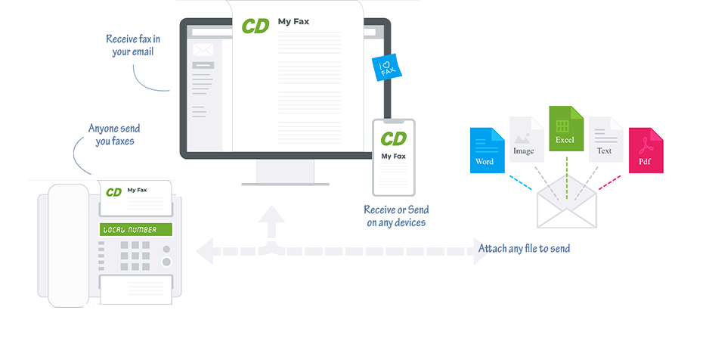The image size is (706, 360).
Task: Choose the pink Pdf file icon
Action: point(646,150)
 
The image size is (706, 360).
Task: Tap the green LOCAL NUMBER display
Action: point(135,229)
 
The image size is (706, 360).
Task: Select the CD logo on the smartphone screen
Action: point(393,138)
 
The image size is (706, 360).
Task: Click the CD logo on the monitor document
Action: point(255,26)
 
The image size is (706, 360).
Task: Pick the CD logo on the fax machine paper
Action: point(113,192)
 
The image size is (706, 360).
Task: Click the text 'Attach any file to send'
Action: point(524,248)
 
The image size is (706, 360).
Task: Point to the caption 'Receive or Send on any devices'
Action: point(396,216)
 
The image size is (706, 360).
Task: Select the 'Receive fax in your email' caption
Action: point(132,45)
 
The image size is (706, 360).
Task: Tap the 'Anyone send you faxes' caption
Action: point(114,134)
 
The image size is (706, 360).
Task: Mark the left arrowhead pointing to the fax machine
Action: point(204,250)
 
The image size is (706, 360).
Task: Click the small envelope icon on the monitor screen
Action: point(203,49)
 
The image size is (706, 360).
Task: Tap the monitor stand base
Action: point(284,182)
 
